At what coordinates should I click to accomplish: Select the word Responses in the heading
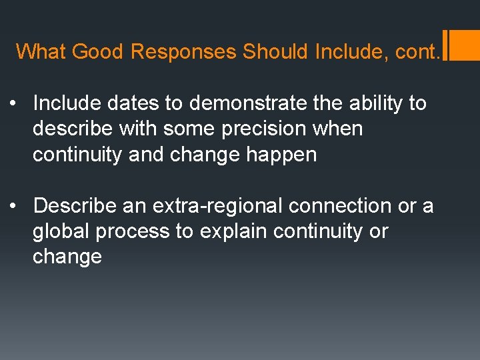tap(183, 51)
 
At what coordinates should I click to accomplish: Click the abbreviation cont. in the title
tap(415, 51)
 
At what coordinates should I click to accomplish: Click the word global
tap(61, 231)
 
